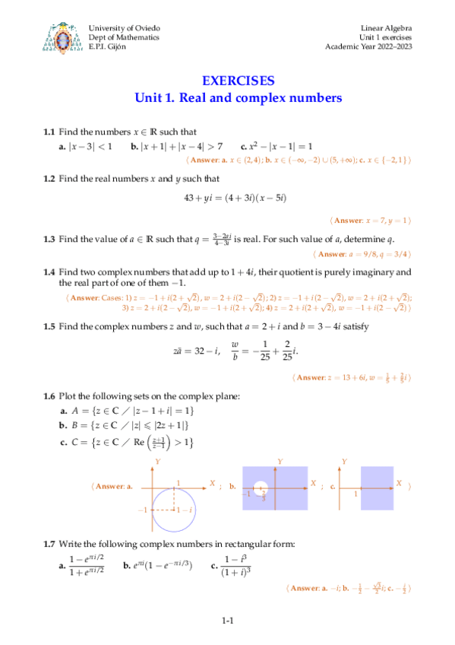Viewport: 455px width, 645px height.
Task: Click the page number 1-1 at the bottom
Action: pyautogui.click(x=227, y=621)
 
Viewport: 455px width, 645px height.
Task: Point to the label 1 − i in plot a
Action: pyautogui.click(x=183, y=510)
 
